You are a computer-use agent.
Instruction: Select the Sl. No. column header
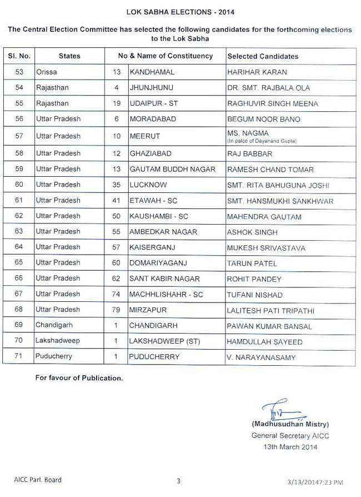click(19, 56)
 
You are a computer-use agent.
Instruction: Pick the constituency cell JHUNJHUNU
click(151, 88)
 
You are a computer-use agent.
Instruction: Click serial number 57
click(19, 136)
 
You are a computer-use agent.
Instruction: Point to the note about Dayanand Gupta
click(262, 141)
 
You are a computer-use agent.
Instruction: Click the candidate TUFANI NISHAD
click(255, 295)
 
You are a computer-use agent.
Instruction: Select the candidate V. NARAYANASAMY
click(260, 357)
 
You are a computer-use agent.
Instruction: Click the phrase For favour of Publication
click(79, 378)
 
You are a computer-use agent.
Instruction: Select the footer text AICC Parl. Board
click(38, 480)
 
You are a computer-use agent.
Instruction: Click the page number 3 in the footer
click(179, 481)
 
